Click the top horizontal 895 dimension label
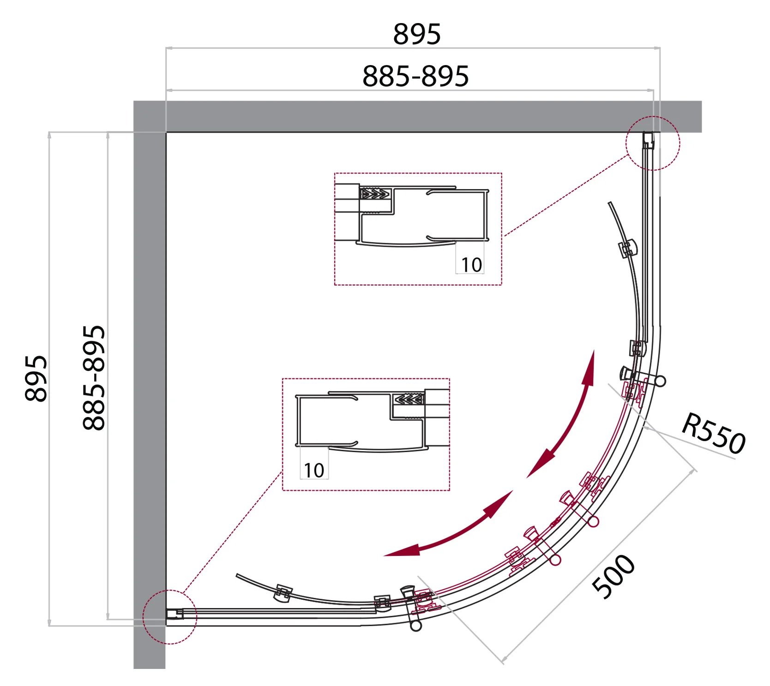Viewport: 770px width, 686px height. pos(416,34)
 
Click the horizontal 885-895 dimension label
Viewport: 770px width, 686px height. pos(415,76)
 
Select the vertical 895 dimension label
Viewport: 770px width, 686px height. pos(36,378)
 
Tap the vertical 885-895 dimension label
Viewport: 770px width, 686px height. pos(94,378)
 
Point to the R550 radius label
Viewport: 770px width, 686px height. pos(713,433)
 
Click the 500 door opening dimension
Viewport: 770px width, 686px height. pos(614,576)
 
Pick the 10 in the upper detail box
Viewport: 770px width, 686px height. pos(471,265)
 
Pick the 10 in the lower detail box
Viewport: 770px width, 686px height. pos(314,471)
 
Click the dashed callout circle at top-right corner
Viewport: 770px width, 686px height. pos(652,143)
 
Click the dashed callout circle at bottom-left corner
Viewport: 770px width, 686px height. pos(170,617)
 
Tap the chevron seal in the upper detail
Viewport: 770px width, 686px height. pos(375,193)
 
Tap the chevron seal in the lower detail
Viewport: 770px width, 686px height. pos(409,399)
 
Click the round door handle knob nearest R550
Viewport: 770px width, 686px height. pos(661,381)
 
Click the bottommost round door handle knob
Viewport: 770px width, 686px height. pos(416,626)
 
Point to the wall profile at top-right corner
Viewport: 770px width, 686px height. pos(648,140)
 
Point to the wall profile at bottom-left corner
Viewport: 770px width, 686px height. pos(175,614)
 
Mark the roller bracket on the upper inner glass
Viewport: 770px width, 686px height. pos(628,249)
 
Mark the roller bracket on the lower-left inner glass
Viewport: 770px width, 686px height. pos(283,593)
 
